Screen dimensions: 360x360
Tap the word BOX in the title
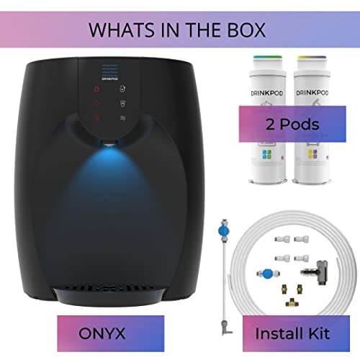pos(247,31)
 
